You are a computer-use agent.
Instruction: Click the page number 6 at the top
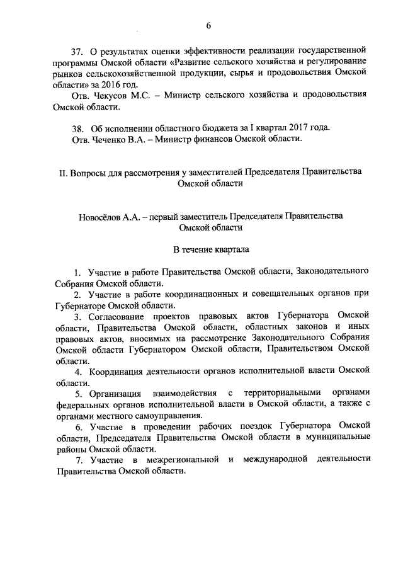click(207, 26)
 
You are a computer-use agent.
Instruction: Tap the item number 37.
click(77, 50)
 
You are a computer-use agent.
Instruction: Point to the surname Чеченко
click(115, 139)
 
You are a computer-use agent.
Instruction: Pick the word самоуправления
click(169, 416)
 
